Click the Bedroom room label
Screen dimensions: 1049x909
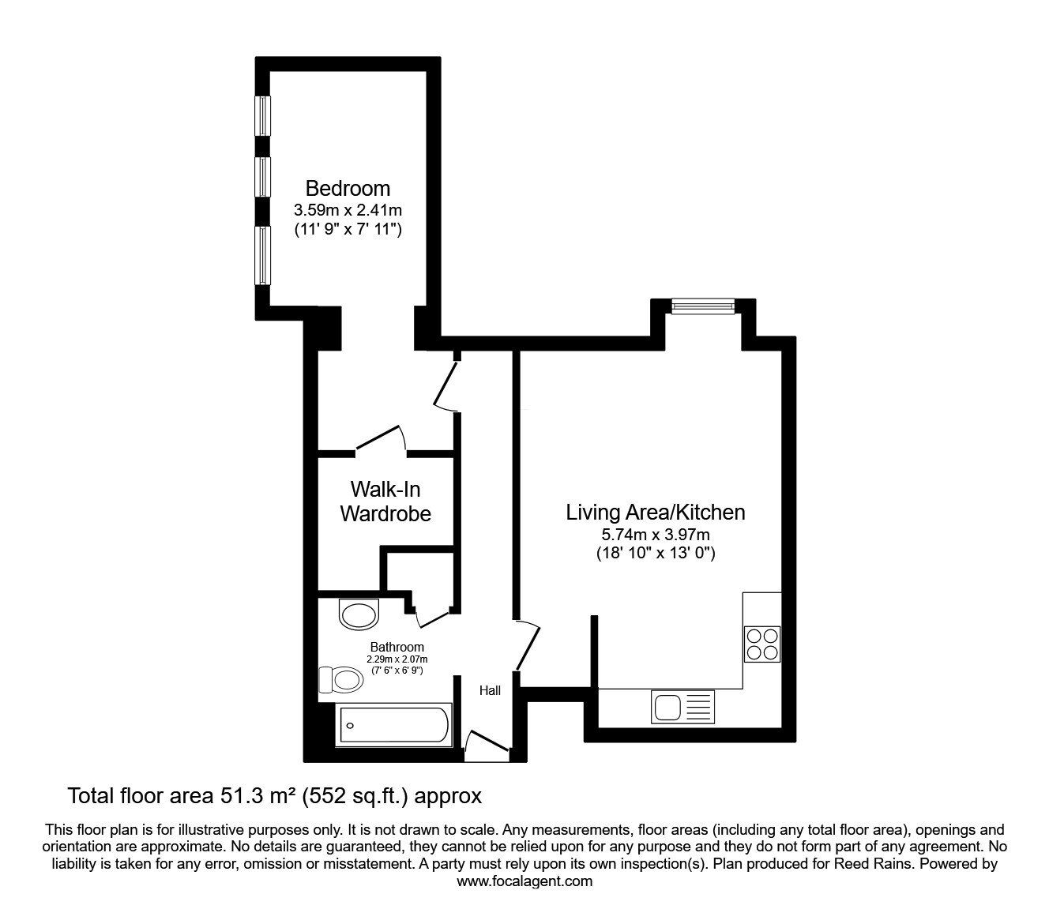click(x=348, y=188)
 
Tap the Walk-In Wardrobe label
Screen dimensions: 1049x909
click(x=385, y=501)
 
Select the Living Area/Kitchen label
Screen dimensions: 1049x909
click(x=656, y=512)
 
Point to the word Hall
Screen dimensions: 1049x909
click(x=491, y=690)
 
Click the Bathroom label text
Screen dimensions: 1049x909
click(x=397, y=647)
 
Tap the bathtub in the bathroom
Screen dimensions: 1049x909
click(x=394, y=725)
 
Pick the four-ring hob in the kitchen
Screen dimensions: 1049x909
click(x=761, y=644)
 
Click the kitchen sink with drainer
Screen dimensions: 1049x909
click(x=682, y=707)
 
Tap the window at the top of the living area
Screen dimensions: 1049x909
click(x=703, y=306)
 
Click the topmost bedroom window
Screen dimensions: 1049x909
click(x=262, y=116)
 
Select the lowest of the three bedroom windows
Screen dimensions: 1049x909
click(x=262, y=255)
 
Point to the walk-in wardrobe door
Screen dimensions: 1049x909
click(x=382, y=437)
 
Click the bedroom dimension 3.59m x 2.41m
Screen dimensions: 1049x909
click(x=348, y=209)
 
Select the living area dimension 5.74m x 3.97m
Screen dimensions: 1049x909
click(x=656, y=535)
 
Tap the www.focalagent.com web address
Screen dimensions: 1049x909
click(x=524, y=881)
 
